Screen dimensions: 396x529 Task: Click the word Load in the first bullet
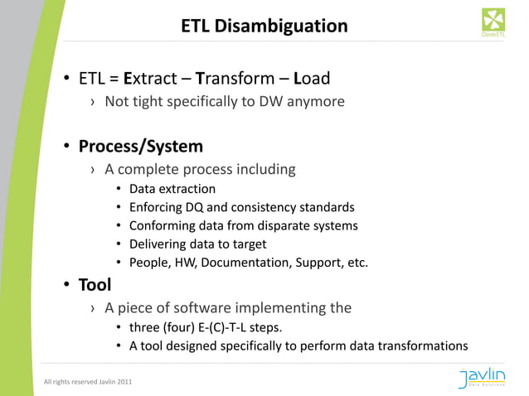click(x=312, y=79)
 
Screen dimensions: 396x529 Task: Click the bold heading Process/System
click(x=140, y=147)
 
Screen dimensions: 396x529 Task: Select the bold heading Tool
click(x=95, y=285)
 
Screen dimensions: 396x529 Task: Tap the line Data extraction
click(x=172, y=189)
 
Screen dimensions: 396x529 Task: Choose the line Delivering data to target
click(x=197, y=244)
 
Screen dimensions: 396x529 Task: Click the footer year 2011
click(x=122, y=382)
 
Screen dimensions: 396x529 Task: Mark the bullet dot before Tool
click(x=64, y=286)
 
